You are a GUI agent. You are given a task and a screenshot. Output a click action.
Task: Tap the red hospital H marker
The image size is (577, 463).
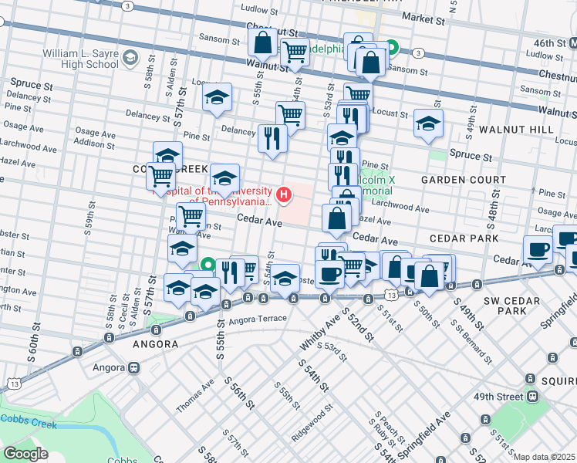[x=285, y=195]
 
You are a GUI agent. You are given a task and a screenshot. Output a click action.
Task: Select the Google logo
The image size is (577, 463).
[x=25, y=453]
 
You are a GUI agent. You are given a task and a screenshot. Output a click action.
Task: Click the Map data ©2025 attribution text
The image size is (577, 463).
[x=544, y=457]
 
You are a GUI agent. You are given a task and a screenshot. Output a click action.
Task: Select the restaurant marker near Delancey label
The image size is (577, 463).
[x=272, y=138]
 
